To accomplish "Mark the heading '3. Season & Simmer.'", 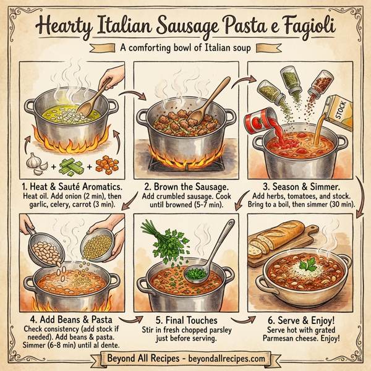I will coord(305,185).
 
